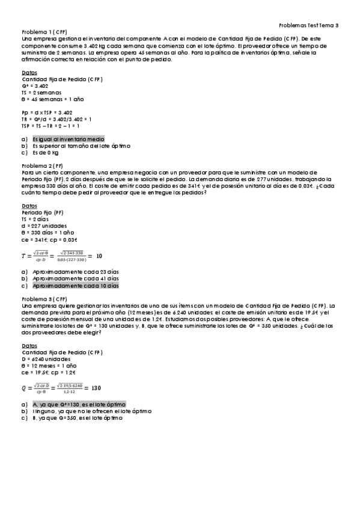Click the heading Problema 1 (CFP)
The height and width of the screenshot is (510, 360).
click(44, 31)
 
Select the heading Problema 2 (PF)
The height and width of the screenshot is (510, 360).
click(42, 165)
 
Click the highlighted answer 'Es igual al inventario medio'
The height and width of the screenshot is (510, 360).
click(61, 139)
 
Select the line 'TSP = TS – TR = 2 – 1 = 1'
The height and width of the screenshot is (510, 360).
click(50, 126)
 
